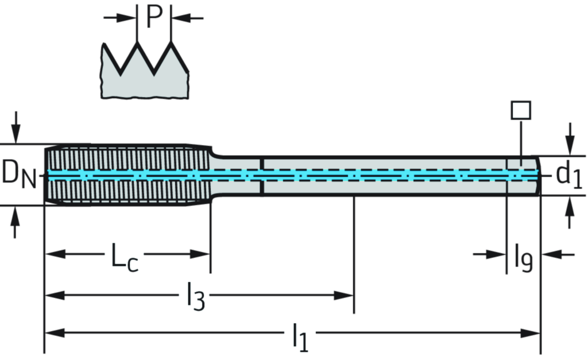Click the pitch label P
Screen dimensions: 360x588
tap(154, 16)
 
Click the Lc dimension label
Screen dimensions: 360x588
tap(123, 256)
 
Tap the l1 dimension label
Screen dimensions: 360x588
tap(299, 335)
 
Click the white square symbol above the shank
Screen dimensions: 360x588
tap(521, 109)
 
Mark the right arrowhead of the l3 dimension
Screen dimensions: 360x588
tap(345, 296)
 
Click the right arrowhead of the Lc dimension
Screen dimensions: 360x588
tap(201, 253)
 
